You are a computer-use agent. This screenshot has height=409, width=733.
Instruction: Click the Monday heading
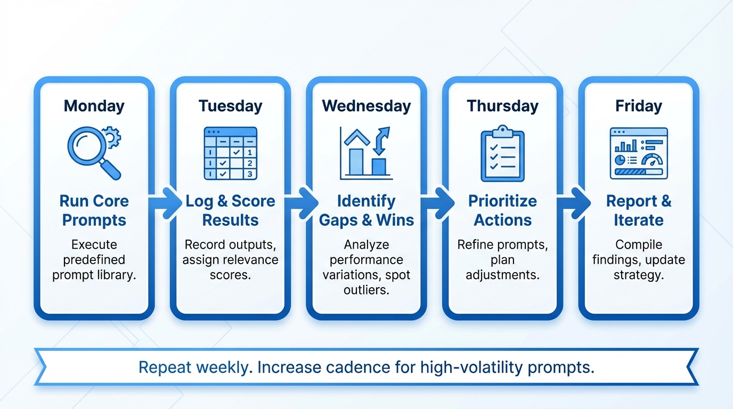(x=94, y=105)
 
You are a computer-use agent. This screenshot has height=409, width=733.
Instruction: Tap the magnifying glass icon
(x=91, y=149)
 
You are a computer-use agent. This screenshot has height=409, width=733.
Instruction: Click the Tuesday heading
(x=230, y=105)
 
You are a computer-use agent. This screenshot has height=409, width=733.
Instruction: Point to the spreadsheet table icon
(x=230, y=153)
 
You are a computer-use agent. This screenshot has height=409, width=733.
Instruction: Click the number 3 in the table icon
(x=250, y=174)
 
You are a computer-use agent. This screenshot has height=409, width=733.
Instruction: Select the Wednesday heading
(x=366, y=105)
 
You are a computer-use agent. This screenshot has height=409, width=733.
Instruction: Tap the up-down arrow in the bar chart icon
(x=381, y=141)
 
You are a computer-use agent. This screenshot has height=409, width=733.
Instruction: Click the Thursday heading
(x=502, y=105)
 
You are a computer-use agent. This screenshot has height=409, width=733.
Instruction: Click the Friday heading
(x=638, y=105)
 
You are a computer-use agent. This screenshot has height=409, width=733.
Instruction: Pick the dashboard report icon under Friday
(x=638, y=153)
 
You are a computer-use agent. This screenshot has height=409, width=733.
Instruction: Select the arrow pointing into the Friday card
(x=573, y=202)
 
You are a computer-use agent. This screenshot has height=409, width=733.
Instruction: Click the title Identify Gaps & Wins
(x=366, y=210)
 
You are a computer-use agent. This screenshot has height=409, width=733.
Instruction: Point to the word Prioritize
(x=502, y=201)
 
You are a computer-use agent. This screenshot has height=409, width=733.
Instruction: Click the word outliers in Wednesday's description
(x=366, y=290)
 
